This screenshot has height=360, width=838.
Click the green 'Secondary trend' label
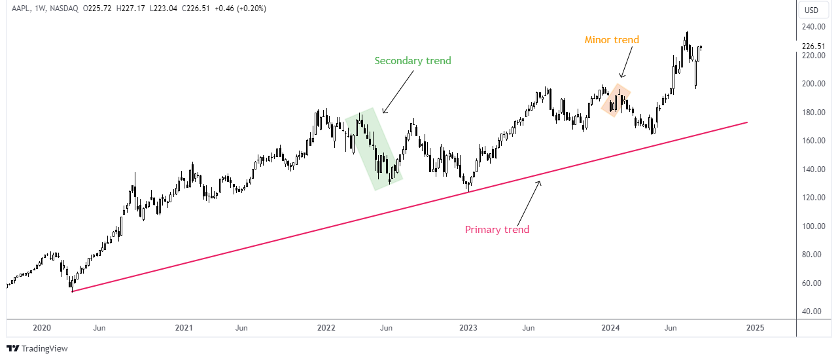[x=413, y=61]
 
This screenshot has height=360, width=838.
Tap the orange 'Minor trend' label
[x=612, y=40]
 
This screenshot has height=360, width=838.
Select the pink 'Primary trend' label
[x=497, y=230]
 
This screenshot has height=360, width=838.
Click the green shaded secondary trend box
[x=374, y=150]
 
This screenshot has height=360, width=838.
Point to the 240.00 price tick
[x=811, y=27]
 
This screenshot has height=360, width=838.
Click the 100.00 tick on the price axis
[x=811, y=226]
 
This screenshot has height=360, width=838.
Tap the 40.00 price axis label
[x=811, y=312]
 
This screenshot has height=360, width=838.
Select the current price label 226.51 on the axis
[x=812, y=46]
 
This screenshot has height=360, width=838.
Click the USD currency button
[x=811, y=10]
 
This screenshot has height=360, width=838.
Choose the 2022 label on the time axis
[x=326, y=327]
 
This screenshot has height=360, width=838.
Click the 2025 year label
[x=755, y=327]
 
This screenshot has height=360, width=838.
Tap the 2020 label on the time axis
[x=41, y=327]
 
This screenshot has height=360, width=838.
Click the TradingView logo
[x=37, y=349]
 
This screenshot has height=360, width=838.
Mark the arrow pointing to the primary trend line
[x=529, y=202]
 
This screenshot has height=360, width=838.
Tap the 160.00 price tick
[x=811, y=141]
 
